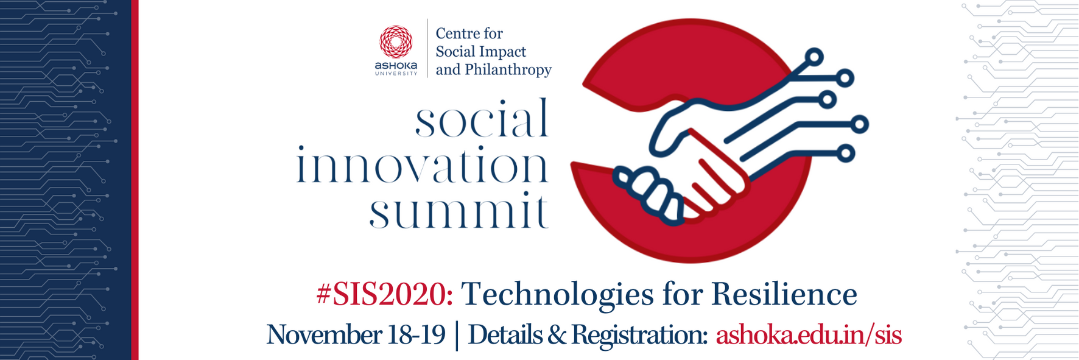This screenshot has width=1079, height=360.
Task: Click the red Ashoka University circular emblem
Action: coord(396,42)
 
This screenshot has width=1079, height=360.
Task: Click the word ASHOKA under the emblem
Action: coord(396,65)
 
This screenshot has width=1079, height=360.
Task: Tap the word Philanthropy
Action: coord(508,71)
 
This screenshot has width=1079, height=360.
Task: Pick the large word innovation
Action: coord(422,164)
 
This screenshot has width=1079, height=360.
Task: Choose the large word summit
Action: coord(459,211)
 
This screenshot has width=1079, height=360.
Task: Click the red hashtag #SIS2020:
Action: coord(385,294)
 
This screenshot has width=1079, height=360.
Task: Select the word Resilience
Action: coord(784,294)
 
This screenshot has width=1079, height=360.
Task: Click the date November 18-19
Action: coord(356,335)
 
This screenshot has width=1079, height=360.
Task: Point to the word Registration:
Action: coord(639,336)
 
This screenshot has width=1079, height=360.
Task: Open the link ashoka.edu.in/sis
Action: coord(809,335)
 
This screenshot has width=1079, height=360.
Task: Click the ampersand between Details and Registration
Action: coord(557,335)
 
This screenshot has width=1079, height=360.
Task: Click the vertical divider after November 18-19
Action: coord(457,336)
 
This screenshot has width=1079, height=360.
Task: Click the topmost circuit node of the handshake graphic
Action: coord(814,58)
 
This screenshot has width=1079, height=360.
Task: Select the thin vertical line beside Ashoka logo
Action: coord(427,48)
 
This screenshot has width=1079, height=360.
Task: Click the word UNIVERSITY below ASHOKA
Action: coord(396,74)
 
